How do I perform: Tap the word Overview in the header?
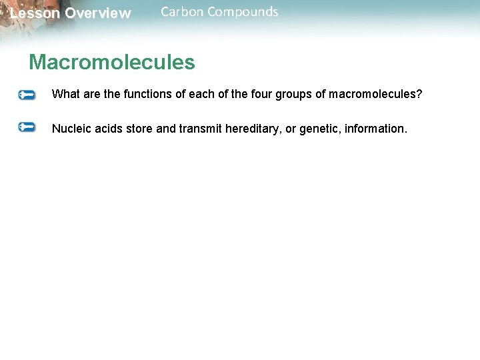(x=98, y=13)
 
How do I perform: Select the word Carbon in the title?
(x=181, y=12)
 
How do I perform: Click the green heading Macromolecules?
(x=111, y=63)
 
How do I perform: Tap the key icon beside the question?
(x=27, y=95)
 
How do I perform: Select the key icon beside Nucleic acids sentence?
(x=27, y=127)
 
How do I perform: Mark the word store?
(x=139, y=128)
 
